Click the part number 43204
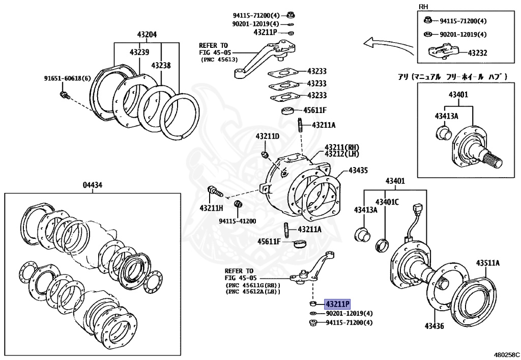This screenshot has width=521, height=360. pyautogui.click(x=147, y=35)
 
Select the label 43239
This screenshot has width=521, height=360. pyautogui.click(x=139, y=52)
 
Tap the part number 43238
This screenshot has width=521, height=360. pyautogui.click(x=161, y=66)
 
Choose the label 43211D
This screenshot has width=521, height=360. pyautogui.click(x=268, y=136)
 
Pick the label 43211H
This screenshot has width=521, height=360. pyautogui.click(x=211, y=208)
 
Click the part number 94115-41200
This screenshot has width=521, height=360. pyautogui.click(x=237, y=221)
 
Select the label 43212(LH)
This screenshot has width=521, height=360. pyautogui.click(x=342, y=154)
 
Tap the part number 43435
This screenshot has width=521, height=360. pyautogui.click(x=358, y=171)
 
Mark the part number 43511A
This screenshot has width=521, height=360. pyautogui.click(x=488, y=263)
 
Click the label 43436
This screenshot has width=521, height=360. pyautogui.click(x=436, y=325)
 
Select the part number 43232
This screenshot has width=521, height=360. pyautogui.click(x=477, y=52)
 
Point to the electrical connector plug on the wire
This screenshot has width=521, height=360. pyautogui.click(x=419, y=210)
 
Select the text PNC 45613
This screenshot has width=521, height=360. pyautogui.click(x=220, y=59)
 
